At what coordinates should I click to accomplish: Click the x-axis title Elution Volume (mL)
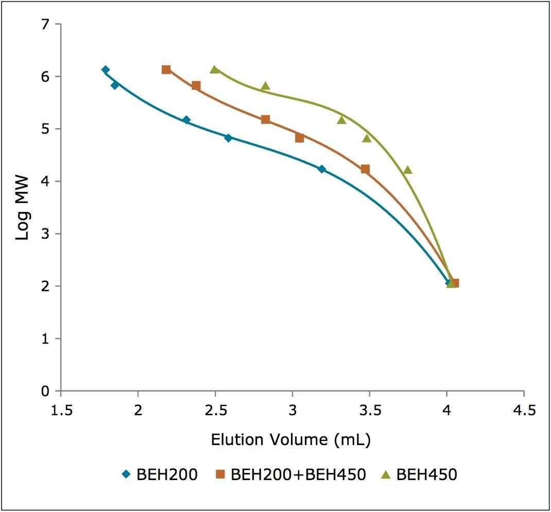click(291, 440)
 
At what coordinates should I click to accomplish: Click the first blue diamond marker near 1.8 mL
click(105, 69)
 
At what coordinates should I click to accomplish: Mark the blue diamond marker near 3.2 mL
click(322, 169)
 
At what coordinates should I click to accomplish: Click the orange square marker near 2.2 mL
click(166, 69)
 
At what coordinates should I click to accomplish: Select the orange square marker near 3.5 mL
click(365, 169)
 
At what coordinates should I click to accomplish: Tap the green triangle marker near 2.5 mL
click(214, 69)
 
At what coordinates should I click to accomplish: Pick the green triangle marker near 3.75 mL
click(407, 170)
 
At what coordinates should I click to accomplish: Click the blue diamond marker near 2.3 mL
click(186, 120)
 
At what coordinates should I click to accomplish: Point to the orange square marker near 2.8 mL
click(265, 119)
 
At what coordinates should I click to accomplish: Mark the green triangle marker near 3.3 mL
click(341, 120)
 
